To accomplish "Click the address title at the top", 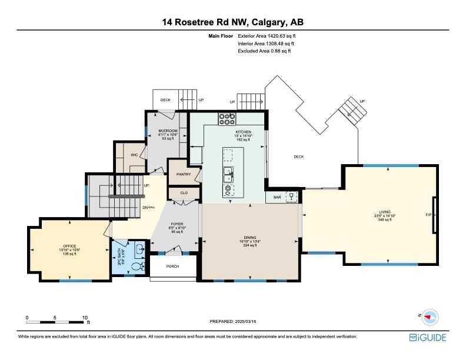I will [x=233, y=22].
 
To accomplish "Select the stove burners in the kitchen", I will [x=227, y=119].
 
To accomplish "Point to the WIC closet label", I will [x=134, y=155].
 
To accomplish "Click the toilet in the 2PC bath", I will [x=137, y=267].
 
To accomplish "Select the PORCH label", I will [x=172, y=266].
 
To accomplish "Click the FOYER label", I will [x=177, y=224].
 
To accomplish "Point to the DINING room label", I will [x=251, y=237].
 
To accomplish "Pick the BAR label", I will [x=277, y=198].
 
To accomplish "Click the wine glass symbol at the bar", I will [x=290, y=197].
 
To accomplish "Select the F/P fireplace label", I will [x=428, y=215].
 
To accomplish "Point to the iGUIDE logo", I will [x=428, y=338].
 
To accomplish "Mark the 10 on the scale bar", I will [x=85, y=317].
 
